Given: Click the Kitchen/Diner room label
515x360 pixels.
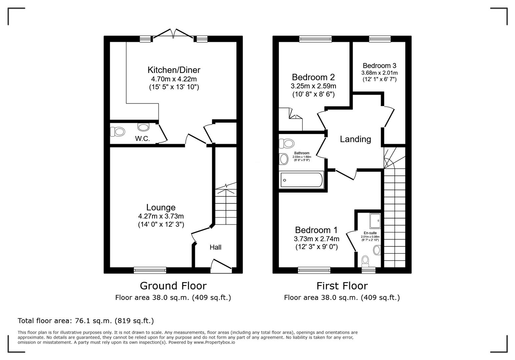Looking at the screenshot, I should tap(174, 70).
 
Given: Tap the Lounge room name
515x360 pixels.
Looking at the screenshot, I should tap(161, 208).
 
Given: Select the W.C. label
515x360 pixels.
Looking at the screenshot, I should tap(142, 139).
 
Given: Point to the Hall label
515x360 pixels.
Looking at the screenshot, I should tap(215, 247).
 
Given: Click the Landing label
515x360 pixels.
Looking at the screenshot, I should tap(355, 139).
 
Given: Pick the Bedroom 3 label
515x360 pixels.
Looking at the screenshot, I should tap(379, 66).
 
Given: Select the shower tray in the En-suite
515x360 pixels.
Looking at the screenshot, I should tap(375, 221).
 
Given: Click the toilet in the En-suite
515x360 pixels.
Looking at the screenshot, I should tap(366, 260).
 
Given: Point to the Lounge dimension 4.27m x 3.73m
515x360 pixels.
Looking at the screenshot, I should tap(161, 216).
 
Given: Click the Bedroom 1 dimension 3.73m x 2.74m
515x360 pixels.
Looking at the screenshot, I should tap(316, 239).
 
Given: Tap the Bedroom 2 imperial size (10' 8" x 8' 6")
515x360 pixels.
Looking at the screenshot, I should tap(313, 94).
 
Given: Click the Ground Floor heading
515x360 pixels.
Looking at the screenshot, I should tap(173, 286).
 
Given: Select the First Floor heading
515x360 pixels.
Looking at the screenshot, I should tap(342, 286).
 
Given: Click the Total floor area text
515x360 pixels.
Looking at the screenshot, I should tap(86, 321).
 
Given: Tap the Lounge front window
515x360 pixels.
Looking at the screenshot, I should tap(150, 270).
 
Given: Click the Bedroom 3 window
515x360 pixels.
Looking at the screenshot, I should tap(380, 39).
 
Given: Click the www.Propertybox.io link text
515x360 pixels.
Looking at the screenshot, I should tap(214, 342).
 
